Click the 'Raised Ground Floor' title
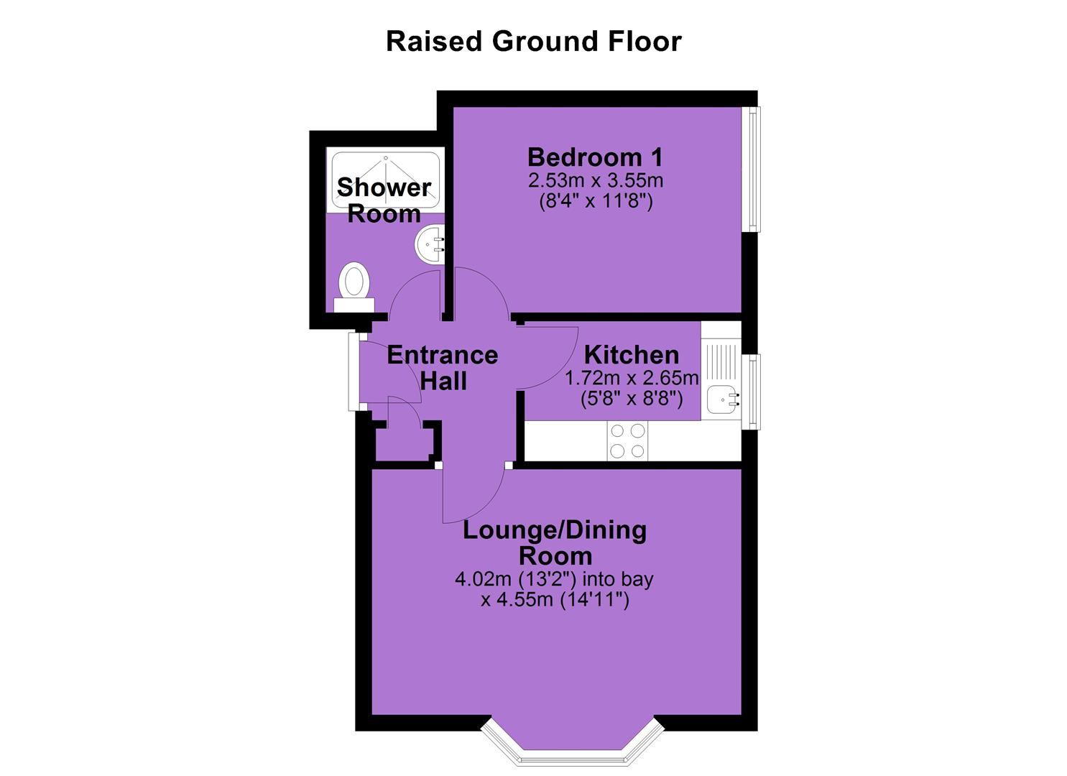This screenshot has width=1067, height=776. (x=533, y=42)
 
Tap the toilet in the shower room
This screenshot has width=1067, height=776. (x=354, y=287)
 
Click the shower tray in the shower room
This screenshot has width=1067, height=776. (x=385, y=180)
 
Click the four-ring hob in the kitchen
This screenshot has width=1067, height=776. (x=627, y=440)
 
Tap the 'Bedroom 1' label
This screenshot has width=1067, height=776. (x=595, y=157)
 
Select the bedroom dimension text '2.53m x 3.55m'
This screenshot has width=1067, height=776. (x=596, y=181)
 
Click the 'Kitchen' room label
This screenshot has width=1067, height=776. (x=632, y=355)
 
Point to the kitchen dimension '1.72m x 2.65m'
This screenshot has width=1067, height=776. (x=632, y=378)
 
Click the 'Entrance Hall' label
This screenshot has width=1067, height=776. (x=443, y=368)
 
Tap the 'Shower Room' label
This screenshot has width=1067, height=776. (x=384, y=200)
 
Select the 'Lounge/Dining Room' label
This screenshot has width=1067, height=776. (x=555, y=543)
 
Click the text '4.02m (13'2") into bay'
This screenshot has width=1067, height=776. (x=555, y=579)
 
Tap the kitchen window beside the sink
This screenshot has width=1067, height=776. (x=751, y=392)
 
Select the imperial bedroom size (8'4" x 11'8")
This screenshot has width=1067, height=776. (x=596, y=201)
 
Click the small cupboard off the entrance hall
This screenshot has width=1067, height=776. (x=405, y=440)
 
